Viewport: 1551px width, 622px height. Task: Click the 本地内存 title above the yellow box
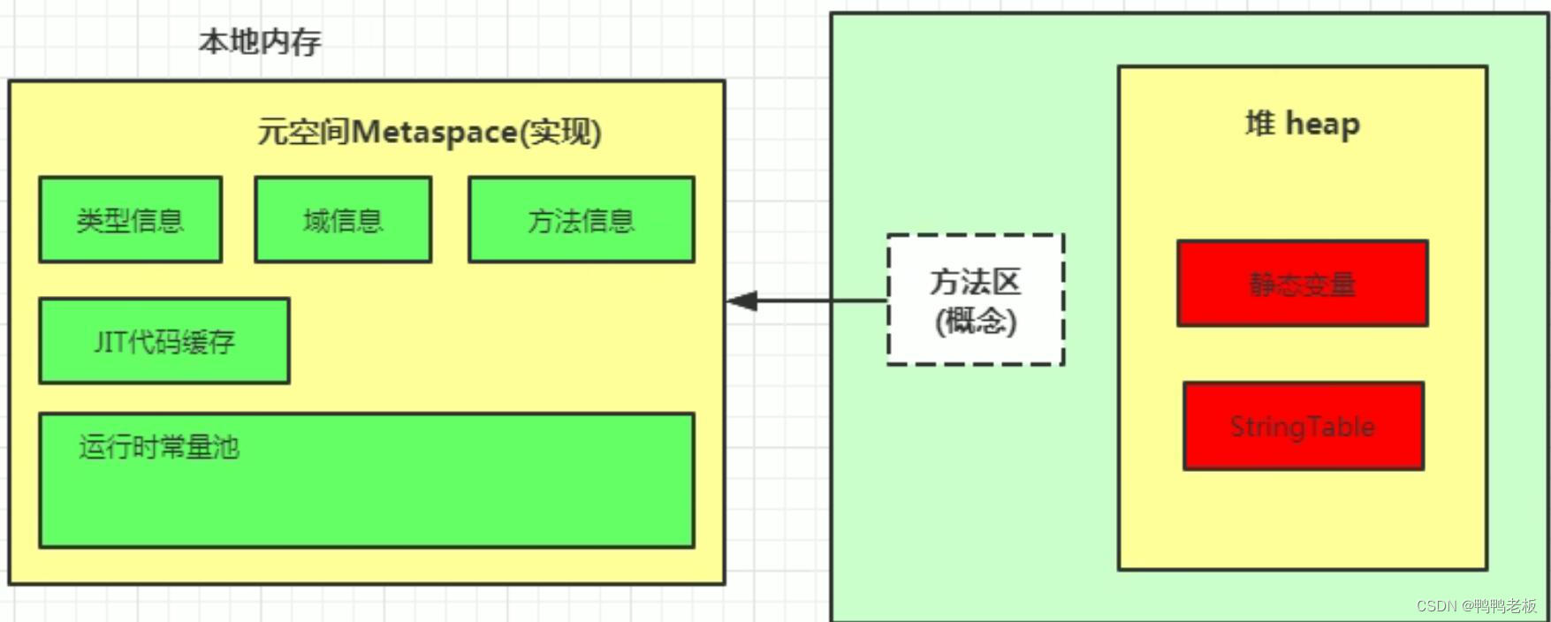[x=259, y=42]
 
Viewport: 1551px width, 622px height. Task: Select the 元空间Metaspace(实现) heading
[x=430, y=133]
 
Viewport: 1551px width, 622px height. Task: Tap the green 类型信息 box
[x=130, y=219]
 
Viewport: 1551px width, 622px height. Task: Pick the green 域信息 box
[x=343, y=219]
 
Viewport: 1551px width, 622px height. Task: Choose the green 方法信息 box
[x=581, y=219]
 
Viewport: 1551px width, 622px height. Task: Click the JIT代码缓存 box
[x=164, y=341]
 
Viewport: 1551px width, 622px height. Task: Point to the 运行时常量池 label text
[x=159, y=447]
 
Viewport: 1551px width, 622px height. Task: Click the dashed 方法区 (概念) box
[x=976, y=300]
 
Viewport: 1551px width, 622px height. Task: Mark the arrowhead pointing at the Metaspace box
[x=741, y=300]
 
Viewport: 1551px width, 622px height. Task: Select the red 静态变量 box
[x=1302, y=284]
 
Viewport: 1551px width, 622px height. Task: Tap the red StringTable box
[x=1303, y=426]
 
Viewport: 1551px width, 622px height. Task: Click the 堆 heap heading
[x=1302, y=124]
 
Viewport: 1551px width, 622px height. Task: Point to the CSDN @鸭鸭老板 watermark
[x=1476, y=605]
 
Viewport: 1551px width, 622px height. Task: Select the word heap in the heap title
[x=1322, y=125]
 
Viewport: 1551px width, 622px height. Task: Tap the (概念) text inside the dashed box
[x=976, y=320]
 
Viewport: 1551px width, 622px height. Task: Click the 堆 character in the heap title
[x=1260, y=124]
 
